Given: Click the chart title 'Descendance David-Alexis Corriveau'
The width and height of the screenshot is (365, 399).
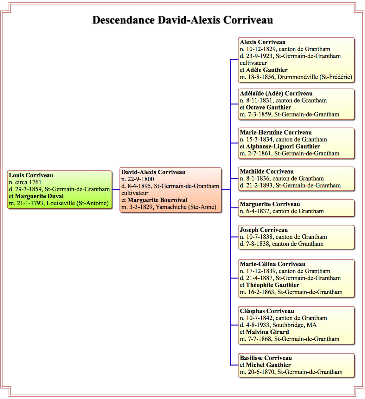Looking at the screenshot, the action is [x=182, y=20].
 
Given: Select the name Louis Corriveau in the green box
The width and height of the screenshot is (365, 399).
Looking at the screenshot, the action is [x=31, y=175].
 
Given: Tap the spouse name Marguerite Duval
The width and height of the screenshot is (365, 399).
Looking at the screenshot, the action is [x=39, y=196].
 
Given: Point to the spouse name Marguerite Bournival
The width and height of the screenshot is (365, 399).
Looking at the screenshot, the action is [x=157, y=200].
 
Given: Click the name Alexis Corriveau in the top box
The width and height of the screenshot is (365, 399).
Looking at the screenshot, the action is [x=263, y=42].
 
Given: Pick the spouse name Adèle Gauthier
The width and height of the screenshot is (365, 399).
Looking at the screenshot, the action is [x=267, y=70].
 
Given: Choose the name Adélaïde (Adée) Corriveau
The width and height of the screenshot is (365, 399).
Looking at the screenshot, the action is [x=276, y=94].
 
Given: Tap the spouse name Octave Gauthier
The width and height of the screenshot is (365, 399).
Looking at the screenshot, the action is [x=268, y=108].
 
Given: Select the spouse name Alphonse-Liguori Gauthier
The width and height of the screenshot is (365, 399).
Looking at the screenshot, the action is [x=283, y=147].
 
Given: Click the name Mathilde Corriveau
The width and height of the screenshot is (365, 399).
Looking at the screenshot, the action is [x=267, y=172].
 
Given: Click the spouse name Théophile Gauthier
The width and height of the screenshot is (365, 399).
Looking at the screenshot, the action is [x=272, y=285].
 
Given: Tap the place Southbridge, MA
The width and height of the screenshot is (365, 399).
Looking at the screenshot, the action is [x=294, y=325].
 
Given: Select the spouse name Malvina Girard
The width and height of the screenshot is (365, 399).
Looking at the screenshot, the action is [x=267, y=332].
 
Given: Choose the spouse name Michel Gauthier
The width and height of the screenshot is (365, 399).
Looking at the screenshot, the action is [x=268, y=365].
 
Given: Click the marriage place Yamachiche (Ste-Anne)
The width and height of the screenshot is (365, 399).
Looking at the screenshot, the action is [x=186, y=207].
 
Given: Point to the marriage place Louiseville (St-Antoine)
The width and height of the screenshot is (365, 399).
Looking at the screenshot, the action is [x=78, y=203].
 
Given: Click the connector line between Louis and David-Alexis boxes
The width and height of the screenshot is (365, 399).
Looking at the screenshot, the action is [x=116, y=189].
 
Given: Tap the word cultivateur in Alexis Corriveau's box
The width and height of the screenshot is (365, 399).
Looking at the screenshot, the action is [x=253, y=63].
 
